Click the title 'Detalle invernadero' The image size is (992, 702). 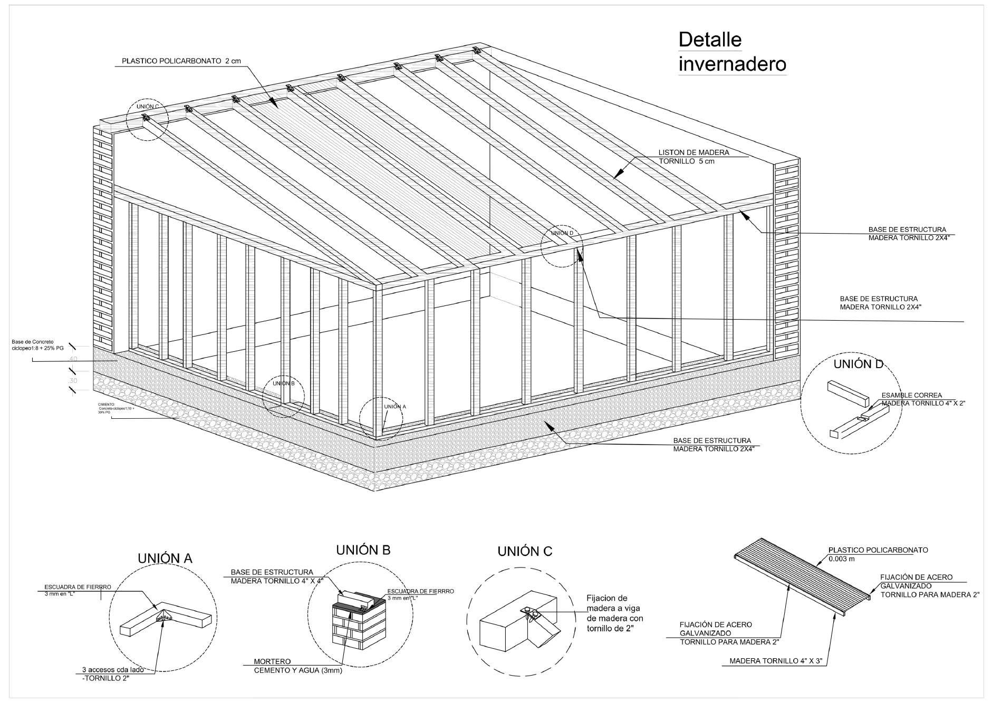point(732,52)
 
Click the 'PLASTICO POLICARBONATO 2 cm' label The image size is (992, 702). point(181,61)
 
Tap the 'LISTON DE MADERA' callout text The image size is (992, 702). point(694,152)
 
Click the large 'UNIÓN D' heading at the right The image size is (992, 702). point(858,364)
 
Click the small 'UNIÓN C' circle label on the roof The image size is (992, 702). point(148,107)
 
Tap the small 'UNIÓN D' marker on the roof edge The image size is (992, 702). point(562,233)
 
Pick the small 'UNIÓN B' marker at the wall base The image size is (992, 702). point(283,383)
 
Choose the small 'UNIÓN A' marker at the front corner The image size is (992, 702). point(395,407)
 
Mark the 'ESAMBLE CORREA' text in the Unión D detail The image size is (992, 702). point(911,395)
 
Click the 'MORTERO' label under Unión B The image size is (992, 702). point(272,661)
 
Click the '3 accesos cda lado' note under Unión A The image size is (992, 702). point(112,670)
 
